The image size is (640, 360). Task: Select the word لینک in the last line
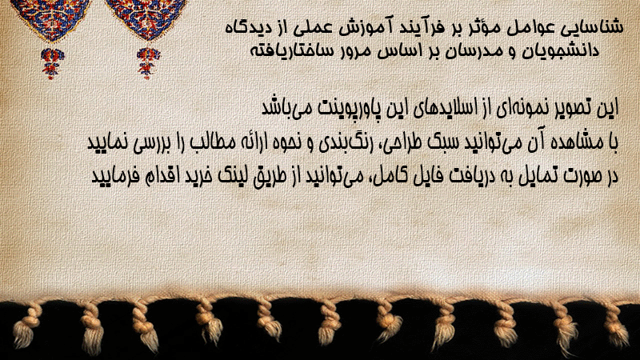[x=234, y=176]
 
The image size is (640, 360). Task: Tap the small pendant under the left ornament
[x=52, y=63]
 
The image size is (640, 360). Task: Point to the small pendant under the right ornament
[x=148, y=63]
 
